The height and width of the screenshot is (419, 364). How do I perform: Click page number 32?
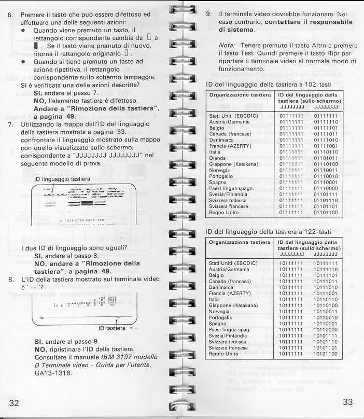pos(11,404)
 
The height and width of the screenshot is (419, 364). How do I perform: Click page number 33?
pos(349,403)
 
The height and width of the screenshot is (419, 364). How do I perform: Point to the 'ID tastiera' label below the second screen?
pos(113,328)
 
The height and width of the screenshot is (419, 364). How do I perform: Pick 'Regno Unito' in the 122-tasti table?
pos(223,354)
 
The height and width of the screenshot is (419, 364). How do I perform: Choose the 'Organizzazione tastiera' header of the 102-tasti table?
pos(240,95)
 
